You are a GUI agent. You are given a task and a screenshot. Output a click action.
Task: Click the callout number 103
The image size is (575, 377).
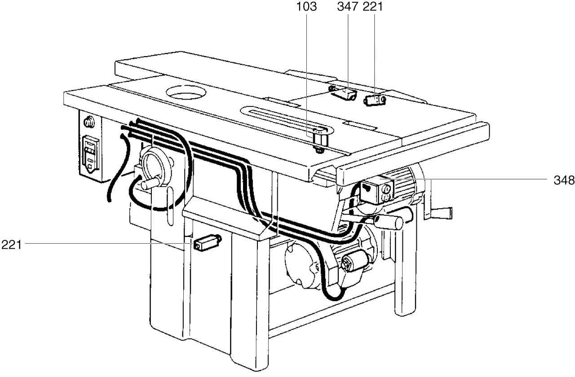point(306,7)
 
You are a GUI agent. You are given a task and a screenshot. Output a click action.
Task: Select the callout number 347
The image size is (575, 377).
point(348,7)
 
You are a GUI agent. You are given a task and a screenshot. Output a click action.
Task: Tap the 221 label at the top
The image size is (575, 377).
point(372,7)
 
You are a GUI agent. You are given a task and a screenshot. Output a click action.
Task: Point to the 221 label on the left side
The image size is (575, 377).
point(11,245)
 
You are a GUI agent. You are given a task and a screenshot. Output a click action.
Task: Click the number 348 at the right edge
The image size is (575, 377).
point(564,180)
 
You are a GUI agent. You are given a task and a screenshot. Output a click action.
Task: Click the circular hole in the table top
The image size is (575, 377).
point(186,92)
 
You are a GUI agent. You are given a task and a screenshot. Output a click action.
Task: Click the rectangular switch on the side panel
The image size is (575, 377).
point(90,155)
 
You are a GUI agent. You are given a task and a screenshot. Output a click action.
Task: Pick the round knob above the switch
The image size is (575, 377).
point(89,121)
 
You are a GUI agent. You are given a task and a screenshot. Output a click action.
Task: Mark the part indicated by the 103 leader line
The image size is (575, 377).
point(319,140)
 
